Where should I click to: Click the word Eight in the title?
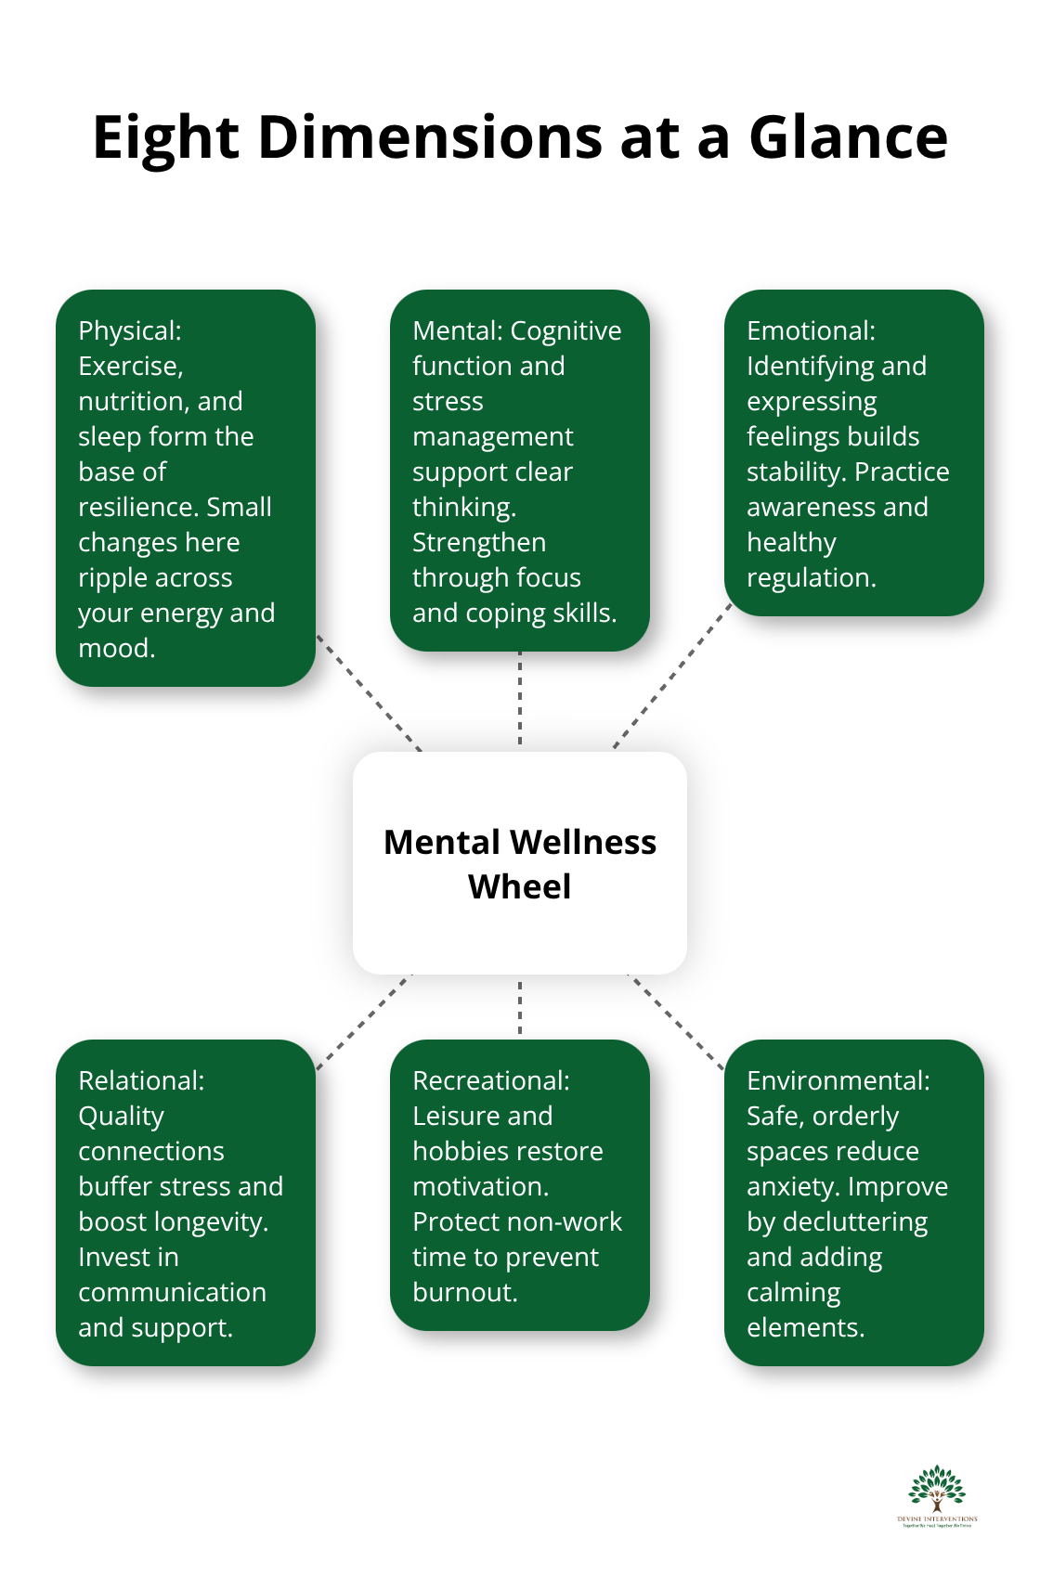click(166, 138)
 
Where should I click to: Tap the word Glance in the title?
click(848, 138)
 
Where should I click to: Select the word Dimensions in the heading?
click(430, 138)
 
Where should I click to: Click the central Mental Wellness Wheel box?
click(520, 863)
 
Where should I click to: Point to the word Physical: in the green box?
click(130, 331)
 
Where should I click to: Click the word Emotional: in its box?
click(811, 331)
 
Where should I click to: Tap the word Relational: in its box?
click(141, 1081)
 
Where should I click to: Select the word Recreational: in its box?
click(491, 1081)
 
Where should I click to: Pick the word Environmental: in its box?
click(838, 1081)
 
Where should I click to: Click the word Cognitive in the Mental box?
click(565, 331)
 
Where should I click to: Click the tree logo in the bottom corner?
click(937, 1494)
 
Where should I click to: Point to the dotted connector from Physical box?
click(369, 692)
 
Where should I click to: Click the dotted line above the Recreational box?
click(520, 1007)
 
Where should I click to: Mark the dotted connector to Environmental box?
click(676, 1021)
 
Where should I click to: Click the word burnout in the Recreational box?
click(463, 1293)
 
